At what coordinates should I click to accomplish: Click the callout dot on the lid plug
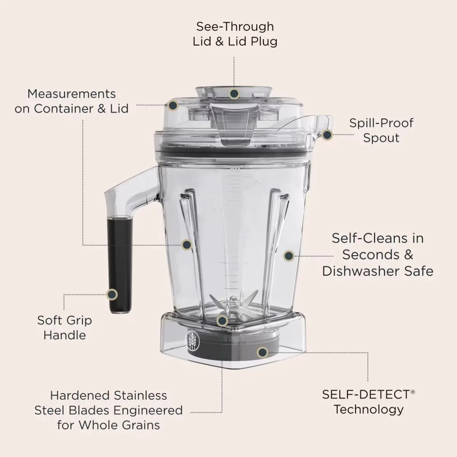234,93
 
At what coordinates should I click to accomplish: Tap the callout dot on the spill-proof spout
328,135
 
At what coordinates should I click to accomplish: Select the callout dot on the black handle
112,294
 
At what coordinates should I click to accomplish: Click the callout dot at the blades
222,321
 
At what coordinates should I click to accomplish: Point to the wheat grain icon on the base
192,341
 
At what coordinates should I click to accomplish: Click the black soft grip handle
120,265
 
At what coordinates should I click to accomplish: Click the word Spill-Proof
381,123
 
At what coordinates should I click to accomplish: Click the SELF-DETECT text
366,395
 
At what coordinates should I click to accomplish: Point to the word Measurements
72,94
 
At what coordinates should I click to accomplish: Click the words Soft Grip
64,321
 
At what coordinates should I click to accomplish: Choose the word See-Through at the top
235,27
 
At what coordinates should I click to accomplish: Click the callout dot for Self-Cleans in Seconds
289,256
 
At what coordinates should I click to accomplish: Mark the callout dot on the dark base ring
262,352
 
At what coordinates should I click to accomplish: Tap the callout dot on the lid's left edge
173,105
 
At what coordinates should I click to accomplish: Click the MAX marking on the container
235,169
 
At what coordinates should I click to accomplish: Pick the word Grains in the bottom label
141,425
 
